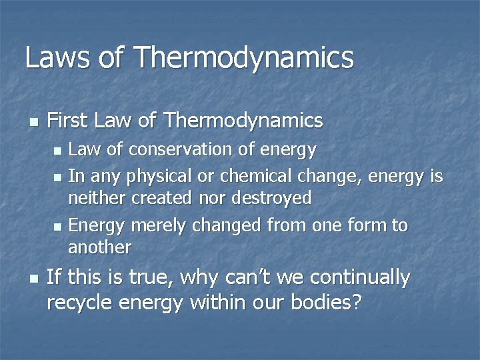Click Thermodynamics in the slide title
[244, 59]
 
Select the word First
[69, 121]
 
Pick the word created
[160, 198]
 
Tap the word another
[100, 247]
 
